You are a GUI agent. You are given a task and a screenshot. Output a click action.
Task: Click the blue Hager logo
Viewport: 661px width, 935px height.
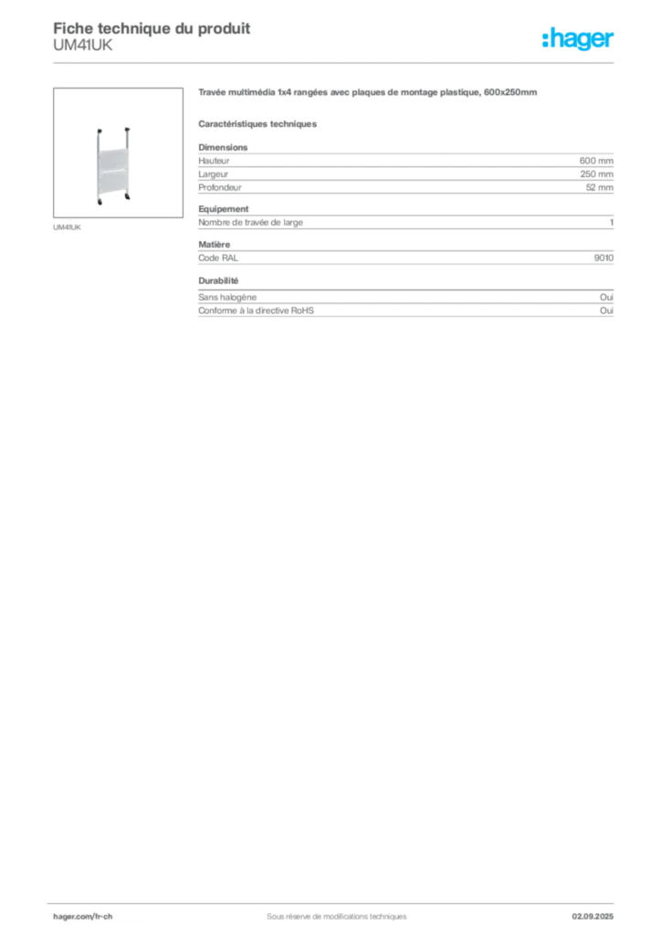pos(579,40)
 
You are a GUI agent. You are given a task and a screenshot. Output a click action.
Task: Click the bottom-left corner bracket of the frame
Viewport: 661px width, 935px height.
pos(100,198)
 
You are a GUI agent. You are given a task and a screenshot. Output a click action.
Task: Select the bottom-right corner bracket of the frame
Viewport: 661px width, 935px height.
pos(132,198)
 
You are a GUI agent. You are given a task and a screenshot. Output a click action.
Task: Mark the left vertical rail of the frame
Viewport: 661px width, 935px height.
pos(97,164)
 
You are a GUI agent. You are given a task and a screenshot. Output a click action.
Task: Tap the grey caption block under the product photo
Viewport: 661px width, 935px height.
pos(68,226)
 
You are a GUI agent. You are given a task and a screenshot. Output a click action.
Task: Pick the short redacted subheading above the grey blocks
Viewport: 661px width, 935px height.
pos(259,122)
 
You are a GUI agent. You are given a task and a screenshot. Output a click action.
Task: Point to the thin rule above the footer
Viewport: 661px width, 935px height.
pos(336,901)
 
